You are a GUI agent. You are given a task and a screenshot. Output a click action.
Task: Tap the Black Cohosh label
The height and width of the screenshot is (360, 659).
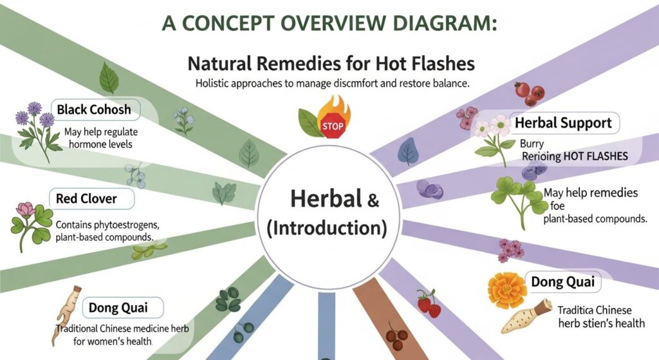coord(93,109)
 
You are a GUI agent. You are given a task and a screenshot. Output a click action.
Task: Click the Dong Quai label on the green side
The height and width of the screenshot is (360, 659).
coord(117,307)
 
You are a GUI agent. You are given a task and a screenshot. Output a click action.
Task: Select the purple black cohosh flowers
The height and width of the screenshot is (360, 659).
coord(34,117)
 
